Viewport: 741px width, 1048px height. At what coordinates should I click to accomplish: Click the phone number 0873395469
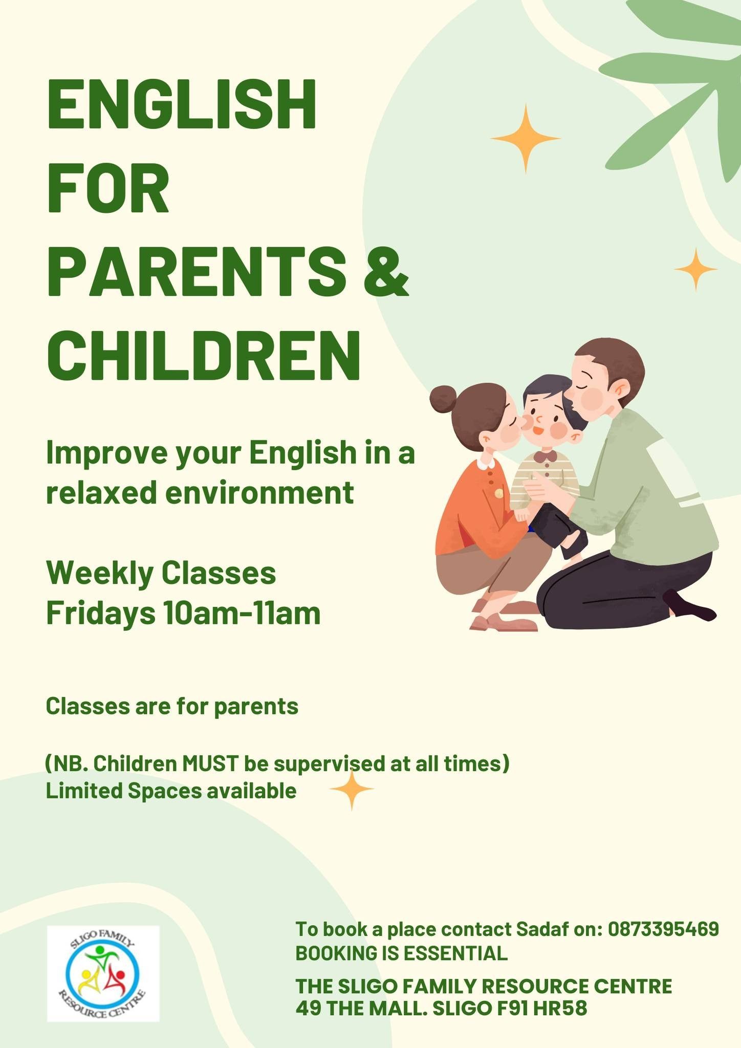pyautogui.click(x=663, y=929)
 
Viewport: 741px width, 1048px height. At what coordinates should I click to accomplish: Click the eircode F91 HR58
pyautogui.click(x=542, y=1008)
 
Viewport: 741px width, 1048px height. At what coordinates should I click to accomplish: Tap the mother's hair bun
pyautogui.click(x=443, y=400)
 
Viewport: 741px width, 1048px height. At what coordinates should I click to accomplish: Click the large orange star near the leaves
pyautogui.click(x=526, y=138)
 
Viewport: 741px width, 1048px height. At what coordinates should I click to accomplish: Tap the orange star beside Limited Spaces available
pyautogui.click(x=352, y=790)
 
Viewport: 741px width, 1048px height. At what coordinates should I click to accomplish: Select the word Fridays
pyautogui.click(x=101, y=614)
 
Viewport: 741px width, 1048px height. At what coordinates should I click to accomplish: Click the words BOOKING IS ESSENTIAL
pyautogui.click(x=402, y=953)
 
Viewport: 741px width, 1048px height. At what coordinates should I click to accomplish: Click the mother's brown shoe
pyautogui.click(x=504, y=624)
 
